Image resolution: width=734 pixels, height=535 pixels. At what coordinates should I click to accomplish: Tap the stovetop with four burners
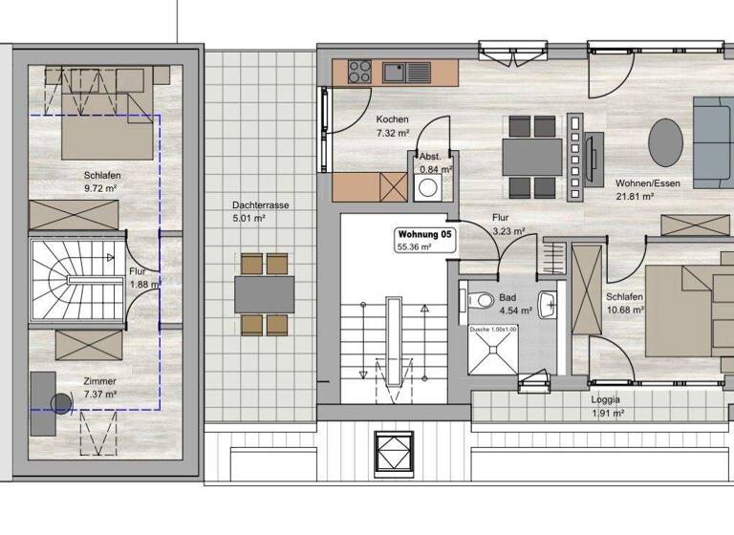point(360,70)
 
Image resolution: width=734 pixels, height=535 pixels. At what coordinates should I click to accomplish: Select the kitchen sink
point(394,70)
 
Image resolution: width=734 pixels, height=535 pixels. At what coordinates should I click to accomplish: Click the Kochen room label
point(392,119)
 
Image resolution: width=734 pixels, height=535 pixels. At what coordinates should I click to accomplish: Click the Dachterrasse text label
point(260,205)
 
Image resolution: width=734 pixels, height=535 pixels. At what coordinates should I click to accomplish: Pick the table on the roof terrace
point(265,293)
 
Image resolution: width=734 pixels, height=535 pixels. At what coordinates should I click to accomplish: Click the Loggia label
point(605,399)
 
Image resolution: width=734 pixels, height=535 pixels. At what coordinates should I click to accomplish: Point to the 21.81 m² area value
point(634,195)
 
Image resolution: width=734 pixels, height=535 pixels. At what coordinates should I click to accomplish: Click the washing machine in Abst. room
point(427,189)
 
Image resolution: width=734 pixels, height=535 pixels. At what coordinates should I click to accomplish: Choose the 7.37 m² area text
point(98,394)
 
